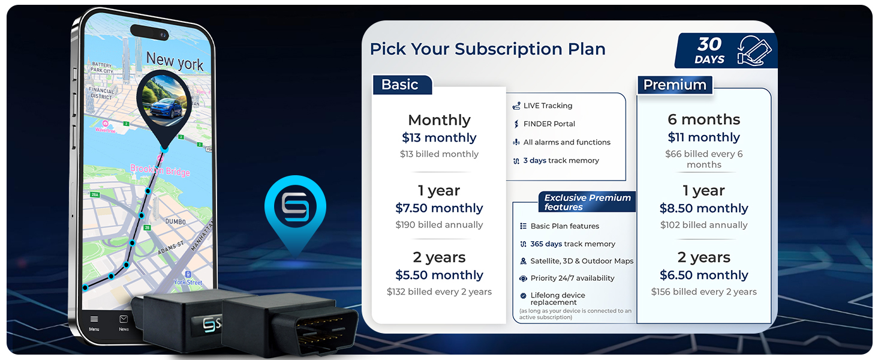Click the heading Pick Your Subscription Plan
coord(487,49)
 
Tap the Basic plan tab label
coord(400,85)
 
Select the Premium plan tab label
coord(675,85)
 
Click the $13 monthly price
coord(439,138)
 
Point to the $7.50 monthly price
coord(439,209)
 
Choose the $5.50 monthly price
coord(439,275)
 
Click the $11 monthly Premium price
coord(703,137)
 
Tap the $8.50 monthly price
coord(703,209)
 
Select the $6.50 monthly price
coord(703,275)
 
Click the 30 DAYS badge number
coord(709,45)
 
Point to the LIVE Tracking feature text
coord(548,106)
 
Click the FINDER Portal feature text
coord(549,124)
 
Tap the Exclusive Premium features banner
coord(587,202)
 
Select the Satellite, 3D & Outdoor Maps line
coord(582,262)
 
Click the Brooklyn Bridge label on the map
coord(160,170)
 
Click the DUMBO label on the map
coord(176,222)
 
